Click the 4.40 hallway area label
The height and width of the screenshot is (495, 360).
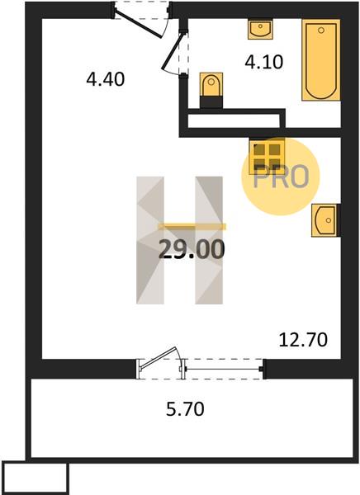pyautogui.click(x=106, y=79)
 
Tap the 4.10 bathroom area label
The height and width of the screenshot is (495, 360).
pyautogui.click(x=264, y=62)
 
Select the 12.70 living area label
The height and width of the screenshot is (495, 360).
pyautogui.click(x=303, y=340)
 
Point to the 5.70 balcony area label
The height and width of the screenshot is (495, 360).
pyautogui.click(x=185, y=409)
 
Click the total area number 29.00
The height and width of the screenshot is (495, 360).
pyautogui.click(x=192, y=249)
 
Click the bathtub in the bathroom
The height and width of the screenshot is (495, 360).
pyautogui.click(x=321, y=60)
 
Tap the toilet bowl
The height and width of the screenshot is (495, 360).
pyautogui.click(x=211, y=85)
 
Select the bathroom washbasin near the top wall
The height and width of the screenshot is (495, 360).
pyautogui.click(x=260, y=30)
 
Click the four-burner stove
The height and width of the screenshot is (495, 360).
pyautogui.click(x=267, y=157)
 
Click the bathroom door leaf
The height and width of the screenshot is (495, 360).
pyautogui.click(x=173, y=51)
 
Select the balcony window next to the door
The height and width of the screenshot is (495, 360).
pyautogui.click(x=223, y=369)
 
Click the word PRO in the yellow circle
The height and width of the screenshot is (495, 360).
pyautogui.click(x=281, y=177)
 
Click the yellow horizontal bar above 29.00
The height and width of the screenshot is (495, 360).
pyautogui.click(x=192, y=226)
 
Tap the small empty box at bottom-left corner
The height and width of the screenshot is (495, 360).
pyautogui.click(x=35, y=478)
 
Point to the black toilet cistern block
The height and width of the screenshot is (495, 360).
pyautogui.click(x=211, y=102)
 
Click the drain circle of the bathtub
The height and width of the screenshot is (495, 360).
pyautogui.click(x=321, y=31)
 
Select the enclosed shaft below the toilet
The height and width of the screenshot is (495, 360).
pyautogui.click(x=234, y=120)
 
